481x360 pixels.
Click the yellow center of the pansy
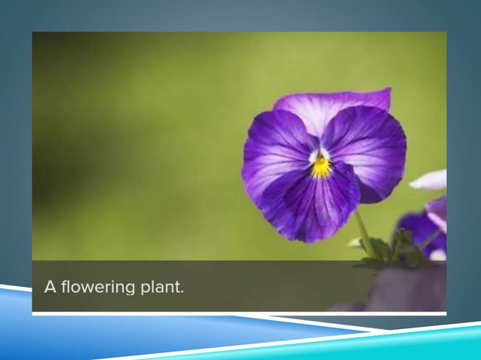click(322, 166)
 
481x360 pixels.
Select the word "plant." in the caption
click(160, 288)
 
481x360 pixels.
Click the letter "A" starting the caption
click(51, 287)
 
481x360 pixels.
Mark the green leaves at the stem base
click(384, 252)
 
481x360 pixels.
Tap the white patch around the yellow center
click(315, 156)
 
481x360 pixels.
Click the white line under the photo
click(226, 313)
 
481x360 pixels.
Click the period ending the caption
click(182, 291)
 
